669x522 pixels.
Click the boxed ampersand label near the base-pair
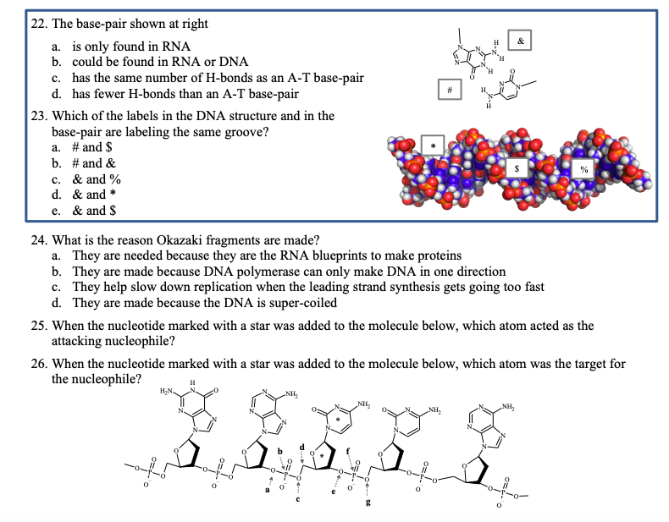tap(520, 41)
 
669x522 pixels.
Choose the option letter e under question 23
tap(56, 210)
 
